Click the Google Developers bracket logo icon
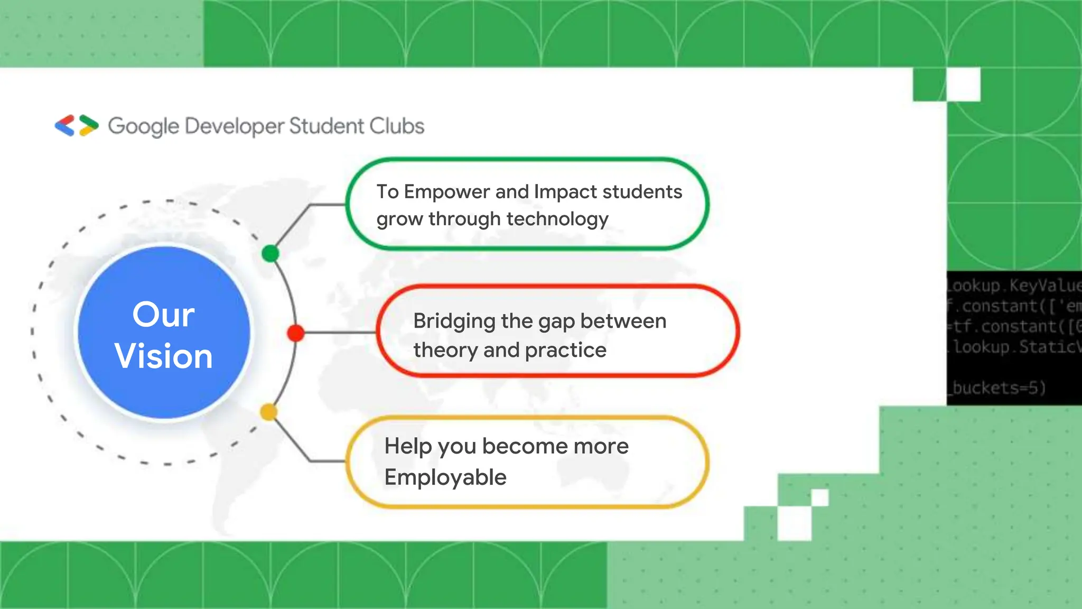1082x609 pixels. pyautogui.click(x=77, y=125)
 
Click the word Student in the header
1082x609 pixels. pyautogui.click(x=327, y=126)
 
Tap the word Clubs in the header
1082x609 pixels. pyautogui.click(x=397, y=126)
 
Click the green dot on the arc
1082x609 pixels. pyautogui.click(x=270, y=254)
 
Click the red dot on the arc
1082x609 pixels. pyautogui.click(x=296, y=333)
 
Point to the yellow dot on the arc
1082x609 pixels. pyautogui.click(x=268, y=412)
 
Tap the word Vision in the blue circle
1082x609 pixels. pyautogui.click(x=164, y=356)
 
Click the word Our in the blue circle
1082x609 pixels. pyautogui.click(x=163, y=315)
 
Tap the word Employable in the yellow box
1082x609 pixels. pyautogui.click(x=445, y=477)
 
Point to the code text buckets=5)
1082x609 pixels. pyautogui.click(x=999, y=387)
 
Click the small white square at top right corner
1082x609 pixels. pyautogui.click(x=964, y=85)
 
